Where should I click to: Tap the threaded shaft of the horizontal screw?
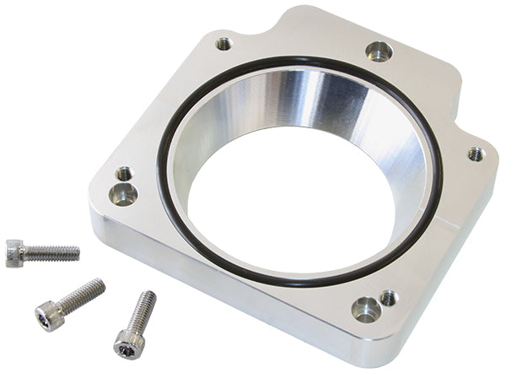52,252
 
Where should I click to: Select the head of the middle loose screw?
47,317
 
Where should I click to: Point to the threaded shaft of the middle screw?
83,294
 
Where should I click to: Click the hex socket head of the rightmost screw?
126,342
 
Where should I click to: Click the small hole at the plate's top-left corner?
223,43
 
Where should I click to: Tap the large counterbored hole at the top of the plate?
379,51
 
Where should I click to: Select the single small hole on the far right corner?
476,154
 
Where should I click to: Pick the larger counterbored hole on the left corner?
124,194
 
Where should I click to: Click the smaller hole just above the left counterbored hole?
123,174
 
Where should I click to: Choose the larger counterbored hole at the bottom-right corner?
366,309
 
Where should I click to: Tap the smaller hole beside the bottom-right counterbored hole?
388,297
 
